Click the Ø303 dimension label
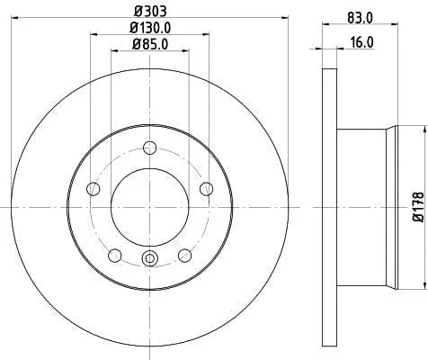click(150, 10)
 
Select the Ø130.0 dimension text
click(150, 27)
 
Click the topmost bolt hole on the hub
click(150, 149)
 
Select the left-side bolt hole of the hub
click(93, 188)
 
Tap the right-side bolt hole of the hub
click(207, 188)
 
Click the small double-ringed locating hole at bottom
click(150, 261)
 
